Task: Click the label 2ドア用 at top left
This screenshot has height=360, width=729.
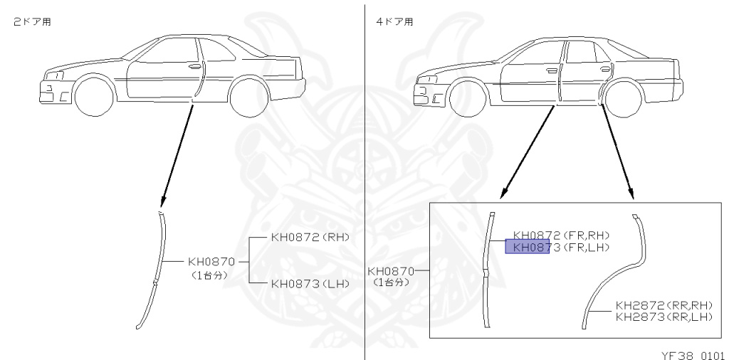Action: pos(32,22)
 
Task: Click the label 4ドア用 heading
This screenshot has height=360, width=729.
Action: pos(394,22)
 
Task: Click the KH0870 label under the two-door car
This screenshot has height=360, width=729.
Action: pos(211,261)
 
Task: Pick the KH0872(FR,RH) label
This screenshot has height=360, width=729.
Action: pos(562,235)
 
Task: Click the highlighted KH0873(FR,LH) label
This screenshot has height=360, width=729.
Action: pos(561,247)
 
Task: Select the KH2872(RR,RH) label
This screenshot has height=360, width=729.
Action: pos(664,305)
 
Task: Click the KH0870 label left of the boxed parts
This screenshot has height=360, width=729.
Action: pos(390,271)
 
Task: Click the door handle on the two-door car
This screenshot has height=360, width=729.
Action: pos(194,66)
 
